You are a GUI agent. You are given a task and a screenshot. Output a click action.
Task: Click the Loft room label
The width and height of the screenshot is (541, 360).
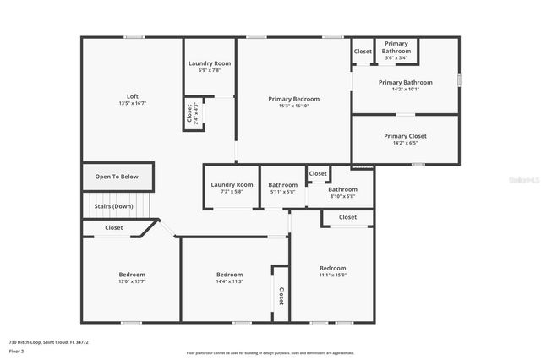click(133, 96)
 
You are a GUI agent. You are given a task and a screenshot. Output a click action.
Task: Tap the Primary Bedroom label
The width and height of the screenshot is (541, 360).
click(293, 99)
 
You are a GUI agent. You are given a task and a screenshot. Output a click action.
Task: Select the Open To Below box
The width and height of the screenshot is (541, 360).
click(117, 177)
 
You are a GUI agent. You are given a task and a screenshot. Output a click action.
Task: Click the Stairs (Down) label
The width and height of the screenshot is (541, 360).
click(112, 205)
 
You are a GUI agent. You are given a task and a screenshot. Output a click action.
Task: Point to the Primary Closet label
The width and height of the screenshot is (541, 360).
click(405, 136)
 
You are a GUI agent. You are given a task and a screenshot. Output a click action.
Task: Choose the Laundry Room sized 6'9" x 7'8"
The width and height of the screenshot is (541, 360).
click(210, 66)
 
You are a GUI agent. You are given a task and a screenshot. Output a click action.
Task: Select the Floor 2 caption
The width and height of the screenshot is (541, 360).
click(17, 351)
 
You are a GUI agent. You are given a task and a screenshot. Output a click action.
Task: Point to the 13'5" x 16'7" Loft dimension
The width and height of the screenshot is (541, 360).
click(133, 104)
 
